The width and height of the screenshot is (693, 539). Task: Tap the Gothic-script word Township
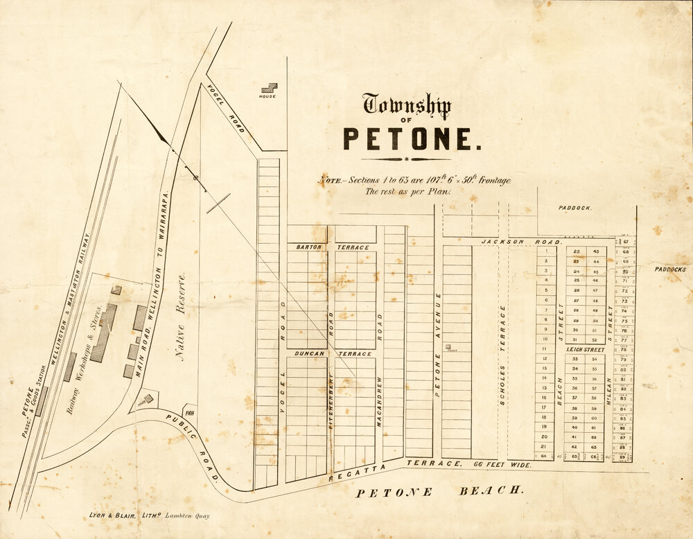407,105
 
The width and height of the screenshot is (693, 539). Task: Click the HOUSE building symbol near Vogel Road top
268,89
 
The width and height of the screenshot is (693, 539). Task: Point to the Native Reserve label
181,317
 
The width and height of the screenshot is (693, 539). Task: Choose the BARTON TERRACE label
332,247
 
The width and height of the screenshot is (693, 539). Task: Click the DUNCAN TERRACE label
332,353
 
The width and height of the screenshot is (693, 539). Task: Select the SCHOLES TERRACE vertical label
502,353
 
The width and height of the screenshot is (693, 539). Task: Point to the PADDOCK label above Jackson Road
575,208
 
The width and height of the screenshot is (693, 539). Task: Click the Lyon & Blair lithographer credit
149,515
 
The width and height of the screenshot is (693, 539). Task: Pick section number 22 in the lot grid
577,251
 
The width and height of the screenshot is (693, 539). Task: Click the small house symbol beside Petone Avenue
448,346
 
